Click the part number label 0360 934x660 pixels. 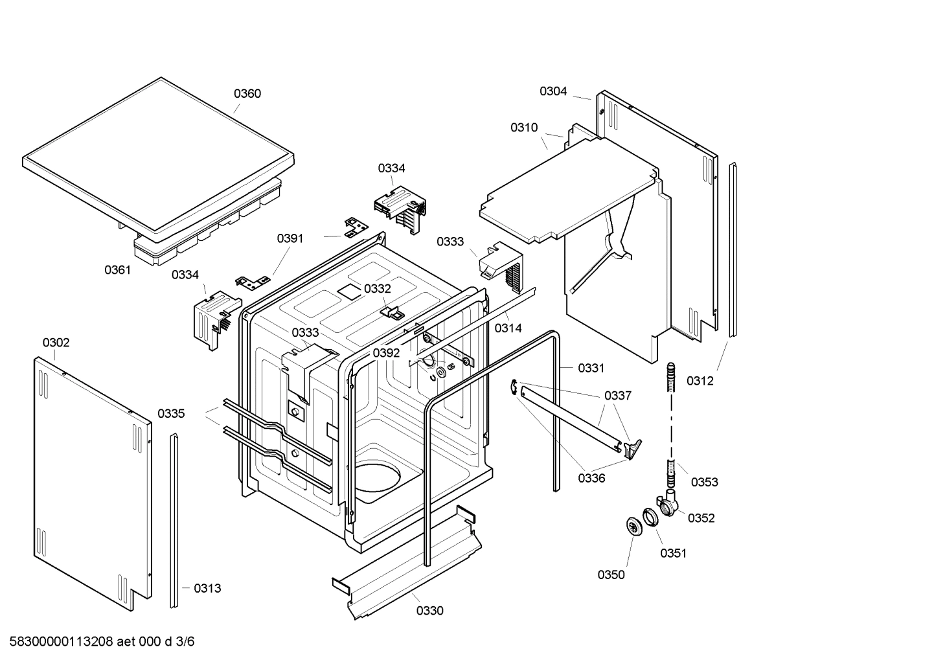247,94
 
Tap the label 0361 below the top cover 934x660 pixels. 118,270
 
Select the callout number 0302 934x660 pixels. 56,343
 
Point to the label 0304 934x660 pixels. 553,91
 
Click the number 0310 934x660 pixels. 524,128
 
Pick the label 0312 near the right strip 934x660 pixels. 700,381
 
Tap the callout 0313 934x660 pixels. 207,588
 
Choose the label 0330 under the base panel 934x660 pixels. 430,611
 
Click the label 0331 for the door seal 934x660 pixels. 591,368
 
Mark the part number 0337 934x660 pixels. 617,396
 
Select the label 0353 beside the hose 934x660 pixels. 705,482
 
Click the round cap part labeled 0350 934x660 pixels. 632,526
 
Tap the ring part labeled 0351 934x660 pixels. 650,518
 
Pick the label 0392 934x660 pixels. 386,353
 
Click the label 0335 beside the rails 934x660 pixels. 171,413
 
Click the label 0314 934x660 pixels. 508,328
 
